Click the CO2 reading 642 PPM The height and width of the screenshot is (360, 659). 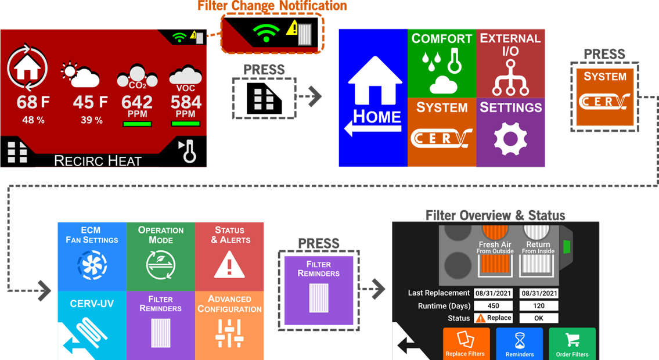point(137,106)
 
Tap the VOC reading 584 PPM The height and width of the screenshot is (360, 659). point(186,106)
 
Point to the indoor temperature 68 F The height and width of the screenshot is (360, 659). point(33,102)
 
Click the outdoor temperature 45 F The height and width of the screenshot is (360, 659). point(91,102)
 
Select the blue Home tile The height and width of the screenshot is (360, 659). point(373,98)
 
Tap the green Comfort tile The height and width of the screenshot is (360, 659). point(442,63)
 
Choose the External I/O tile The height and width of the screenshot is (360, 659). point(510,63)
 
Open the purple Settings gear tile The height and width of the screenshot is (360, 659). point(510,132)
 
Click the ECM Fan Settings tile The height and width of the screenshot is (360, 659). point(92,257)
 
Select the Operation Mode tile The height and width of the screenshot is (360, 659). point(161,257)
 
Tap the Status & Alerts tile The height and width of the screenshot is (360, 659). point(229,257)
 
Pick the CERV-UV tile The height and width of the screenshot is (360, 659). point(92,326)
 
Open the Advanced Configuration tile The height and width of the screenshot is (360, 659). point(229,326)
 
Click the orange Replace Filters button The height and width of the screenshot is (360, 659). point(466,344)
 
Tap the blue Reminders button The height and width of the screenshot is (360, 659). point(520,344)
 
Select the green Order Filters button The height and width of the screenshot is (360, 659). point(572,344)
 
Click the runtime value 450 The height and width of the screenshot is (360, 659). point(494,306)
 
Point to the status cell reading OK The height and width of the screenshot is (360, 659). point(539,318)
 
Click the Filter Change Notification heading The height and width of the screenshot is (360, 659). point(272,6)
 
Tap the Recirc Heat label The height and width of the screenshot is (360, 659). point(98,161)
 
